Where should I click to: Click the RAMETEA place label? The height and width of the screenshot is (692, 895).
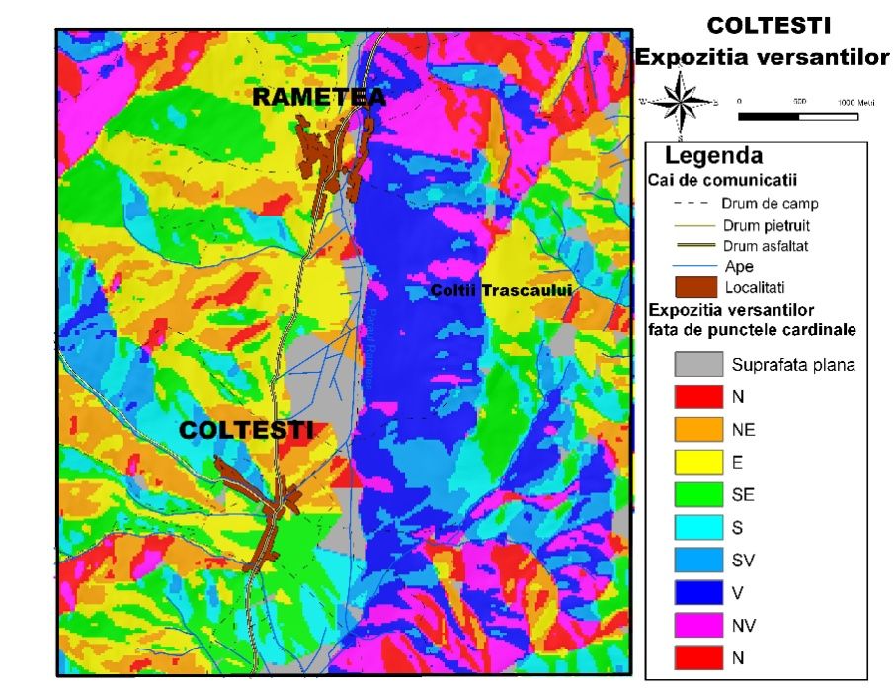click(x=319, y=97)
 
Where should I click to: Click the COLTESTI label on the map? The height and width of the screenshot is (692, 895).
click(x=246, y=430)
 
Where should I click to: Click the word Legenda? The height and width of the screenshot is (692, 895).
click(x=713, y=156)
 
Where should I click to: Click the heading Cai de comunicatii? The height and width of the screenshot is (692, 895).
click(x=722, y=181)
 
